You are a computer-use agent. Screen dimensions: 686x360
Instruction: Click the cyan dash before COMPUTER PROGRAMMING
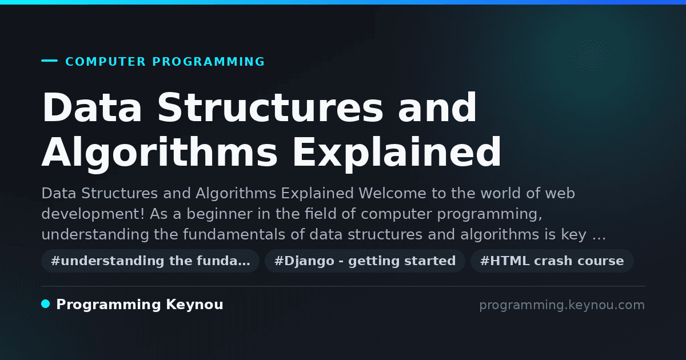tap(49, 61)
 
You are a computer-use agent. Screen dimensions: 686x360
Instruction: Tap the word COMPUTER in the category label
tap(106, 62)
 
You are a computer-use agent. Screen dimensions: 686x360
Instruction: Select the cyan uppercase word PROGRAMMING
tap(209, 62)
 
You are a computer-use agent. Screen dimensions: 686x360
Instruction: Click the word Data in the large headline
tap(92, 107)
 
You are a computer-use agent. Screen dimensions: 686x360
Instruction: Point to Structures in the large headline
tap(270, 107)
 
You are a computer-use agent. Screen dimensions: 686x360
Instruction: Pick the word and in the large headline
tap(437, 107)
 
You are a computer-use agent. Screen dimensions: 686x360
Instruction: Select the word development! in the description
tap(93, 214)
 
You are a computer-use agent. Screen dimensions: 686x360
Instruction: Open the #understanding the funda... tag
tap(150, 261)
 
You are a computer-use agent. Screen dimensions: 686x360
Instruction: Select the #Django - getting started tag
tap(365, 261)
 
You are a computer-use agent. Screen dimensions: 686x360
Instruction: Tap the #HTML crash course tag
tap(552, 261)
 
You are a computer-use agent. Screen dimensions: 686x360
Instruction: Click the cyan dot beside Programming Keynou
tap(46, 304)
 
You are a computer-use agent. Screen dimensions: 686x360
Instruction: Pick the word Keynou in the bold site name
tap(194, 305)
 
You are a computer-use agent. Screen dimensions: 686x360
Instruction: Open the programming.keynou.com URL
tap(562, 305)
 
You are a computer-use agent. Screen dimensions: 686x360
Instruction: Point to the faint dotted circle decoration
tap(590, 56)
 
